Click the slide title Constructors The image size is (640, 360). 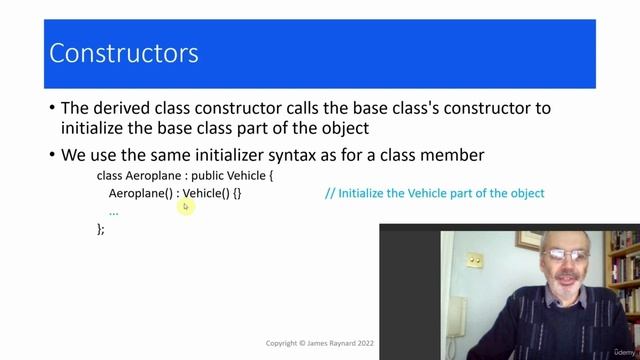coord(124,52)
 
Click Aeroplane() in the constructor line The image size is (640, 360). coord(140,193)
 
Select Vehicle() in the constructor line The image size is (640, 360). coord(206,193)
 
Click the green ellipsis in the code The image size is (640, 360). coord(114,211)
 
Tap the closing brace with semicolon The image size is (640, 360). coord(100,229)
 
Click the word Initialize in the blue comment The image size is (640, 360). coord(369,193)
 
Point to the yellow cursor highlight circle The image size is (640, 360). coord(185,206)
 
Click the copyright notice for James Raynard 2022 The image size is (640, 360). coord(318,343)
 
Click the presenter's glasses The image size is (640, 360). coord(567,257)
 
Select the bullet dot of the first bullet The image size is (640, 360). coord(52,109)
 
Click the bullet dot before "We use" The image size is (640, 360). coord(52,156)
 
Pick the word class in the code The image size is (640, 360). coord(109,175)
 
